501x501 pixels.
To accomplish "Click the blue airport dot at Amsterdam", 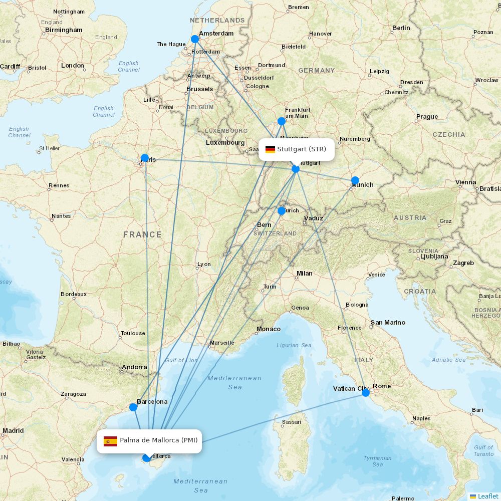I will [195, 39].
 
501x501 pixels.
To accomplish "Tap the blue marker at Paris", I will [145, 158].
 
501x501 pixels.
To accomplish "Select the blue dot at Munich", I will [355, 180].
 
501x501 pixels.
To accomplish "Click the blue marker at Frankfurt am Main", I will [282, 121].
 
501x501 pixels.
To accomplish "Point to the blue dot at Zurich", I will [282, 211].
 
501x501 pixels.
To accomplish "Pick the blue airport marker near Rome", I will [366, 392].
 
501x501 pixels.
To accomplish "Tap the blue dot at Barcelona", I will [133, 407].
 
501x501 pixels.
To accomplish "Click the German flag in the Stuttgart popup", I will [270, 149].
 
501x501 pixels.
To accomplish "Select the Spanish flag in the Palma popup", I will [110, 441].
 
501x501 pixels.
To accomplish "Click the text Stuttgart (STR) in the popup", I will [302, 149].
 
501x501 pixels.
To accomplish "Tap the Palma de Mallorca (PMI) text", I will [158, 440].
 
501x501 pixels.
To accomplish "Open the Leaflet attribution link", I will [487, 496].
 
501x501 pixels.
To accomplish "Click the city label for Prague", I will [427, 117].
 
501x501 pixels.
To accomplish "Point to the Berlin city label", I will [401, 28].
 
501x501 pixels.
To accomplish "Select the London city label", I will [73, 66].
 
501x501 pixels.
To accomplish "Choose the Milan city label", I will [304, 274].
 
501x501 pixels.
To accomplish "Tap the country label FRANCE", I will [142, 234].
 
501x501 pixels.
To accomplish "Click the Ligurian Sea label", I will [294, 345].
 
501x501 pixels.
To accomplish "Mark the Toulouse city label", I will [133, 333].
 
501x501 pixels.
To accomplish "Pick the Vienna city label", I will [465, 182].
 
